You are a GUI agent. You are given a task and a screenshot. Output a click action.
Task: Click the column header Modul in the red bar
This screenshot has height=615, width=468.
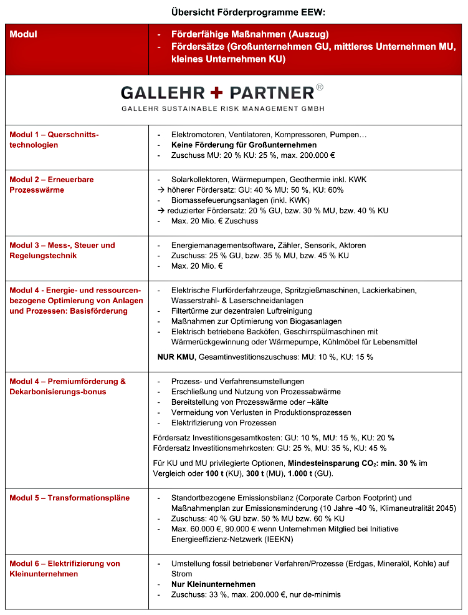pyautogui.click(x=24, y=34)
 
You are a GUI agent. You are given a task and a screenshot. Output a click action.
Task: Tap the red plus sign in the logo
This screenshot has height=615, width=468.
pyautogui.click(x=216, y=93)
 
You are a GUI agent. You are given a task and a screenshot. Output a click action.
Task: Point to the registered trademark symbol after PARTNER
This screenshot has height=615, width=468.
pyautogui.click(x=320, y=88)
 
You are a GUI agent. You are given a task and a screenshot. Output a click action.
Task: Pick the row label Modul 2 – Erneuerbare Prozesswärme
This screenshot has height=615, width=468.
pyautogui.click(x=52, y=185)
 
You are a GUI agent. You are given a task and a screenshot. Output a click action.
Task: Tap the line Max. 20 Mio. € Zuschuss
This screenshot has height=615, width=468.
pyautogui.click(x=214, y=221)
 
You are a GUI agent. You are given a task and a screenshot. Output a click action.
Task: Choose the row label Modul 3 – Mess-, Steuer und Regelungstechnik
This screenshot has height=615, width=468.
pyautogui.click(x=62, y=250)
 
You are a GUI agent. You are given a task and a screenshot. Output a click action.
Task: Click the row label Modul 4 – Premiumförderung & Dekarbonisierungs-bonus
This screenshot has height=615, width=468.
pyautogui.click(x=67, y=387)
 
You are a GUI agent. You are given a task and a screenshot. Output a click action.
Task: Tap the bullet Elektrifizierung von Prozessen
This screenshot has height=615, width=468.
pyautogui.click(x=224, y=423)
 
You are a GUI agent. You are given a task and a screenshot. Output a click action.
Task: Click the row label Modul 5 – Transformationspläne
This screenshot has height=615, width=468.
pyautogui.click(x=70, y=498)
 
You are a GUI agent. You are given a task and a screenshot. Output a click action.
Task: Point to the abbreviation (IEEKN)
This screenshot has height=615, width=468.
pyautogui.click(x=270, y=539)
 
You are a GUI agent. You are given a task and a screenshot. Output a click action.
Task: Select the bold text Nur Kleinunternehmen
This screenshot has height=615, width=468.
pyautogui.click(x=213, y=584)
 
